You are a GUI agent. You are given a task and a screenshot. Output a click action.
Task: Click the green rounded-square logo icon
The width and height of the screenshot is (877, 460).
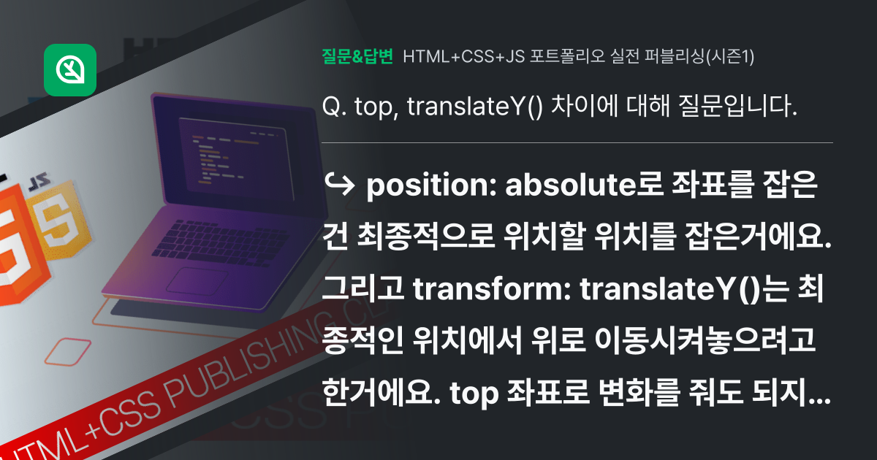click(x=70, y=69)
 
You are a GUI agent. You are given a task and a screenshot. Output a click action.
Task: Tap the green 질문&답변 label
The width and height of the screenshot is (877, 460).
click(x=357, y=55)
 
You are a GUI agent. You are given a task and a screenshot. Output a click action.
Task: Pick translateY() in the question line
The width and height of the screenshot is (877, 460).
click(x=474, y=107)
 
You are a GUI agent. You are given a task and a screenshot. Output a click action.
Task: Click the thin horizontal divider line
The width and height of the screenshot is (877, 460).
click(x=577, y=142)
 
